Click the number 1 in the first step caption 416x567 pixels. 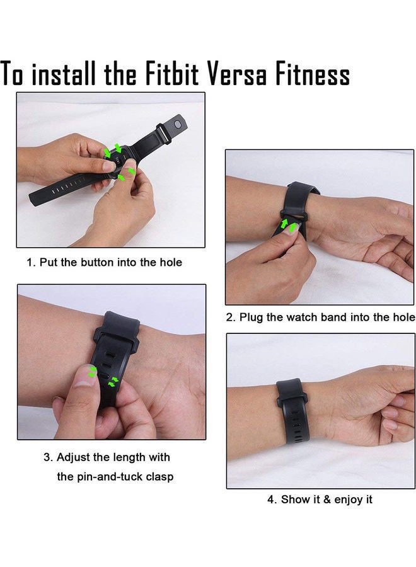click(x=30, y=262)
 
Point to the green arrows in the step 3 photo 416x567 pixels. click(x=101, y=376)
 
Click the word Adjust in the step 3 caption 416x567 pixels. click(x=74, y=457)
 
